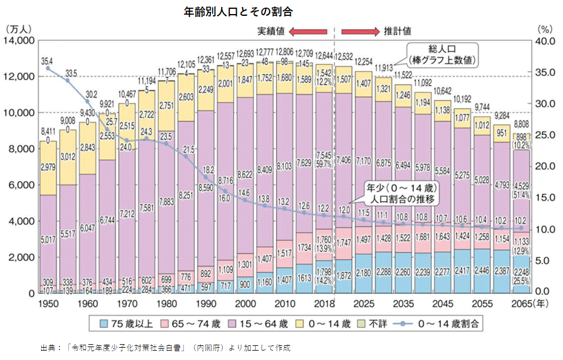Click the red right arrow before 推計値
[x=360, y=31]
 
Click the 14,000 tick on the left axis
[x=19, y=41]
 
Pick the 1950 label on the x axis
[x=48, y=303]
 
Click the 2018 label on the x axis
[x=323, y=303]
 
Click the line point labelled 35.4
[x=48, y=69]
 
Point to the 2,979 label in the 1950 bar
[x=48, y=169]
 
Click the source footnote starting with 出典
[x=165, y=348]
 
